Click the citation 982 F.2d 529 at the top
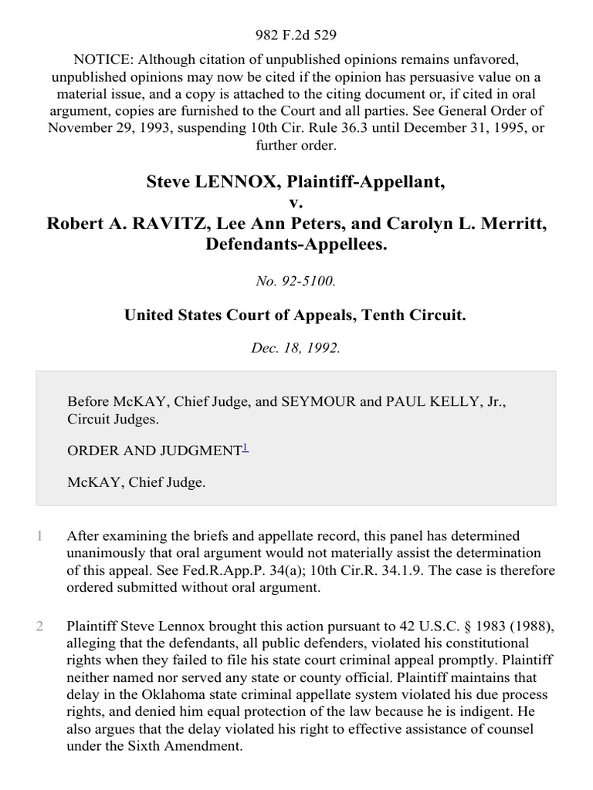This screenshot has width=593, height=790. tap(296, 35)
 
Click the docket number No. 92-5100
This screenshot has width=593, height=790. tap(296, 282)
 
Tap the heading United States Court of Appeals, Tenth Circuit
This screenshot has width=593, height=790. tap(296, 315)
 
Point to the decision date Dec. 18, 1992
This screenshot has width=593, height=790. tap(296, 347)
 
